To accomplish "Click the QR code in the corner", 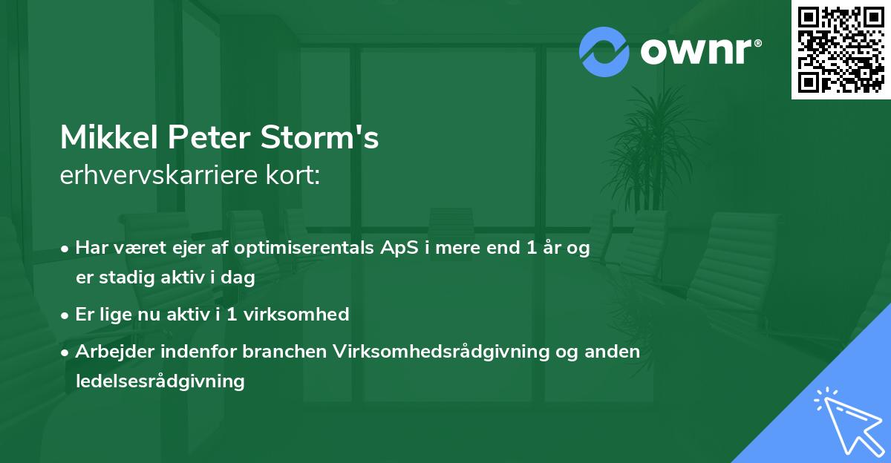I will pos(841,50).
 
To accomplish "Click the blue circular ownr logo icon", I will pos(604,52).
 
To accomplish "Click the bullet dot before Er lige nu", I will pos(66,315).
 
